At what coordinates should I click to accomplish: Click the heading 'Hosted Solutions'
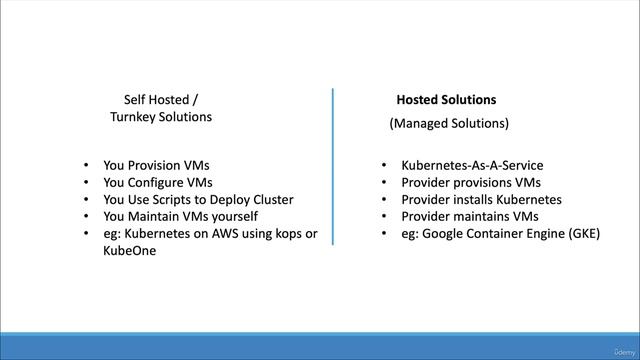(446, 100)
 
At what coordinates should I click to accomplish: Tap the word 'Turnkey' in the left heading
(134, 117)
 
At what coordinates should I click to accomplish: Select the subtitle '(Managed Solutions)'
(449, 124)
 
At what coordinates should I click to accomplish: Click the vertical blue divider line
(333, 166)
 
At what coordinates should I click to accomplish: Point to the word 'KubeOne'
(129, 250)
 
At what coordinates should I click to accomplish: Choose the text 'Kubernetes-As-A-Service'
(472, 165)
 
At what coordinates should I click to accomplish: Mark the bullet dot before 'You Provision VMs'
(88, 165)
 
